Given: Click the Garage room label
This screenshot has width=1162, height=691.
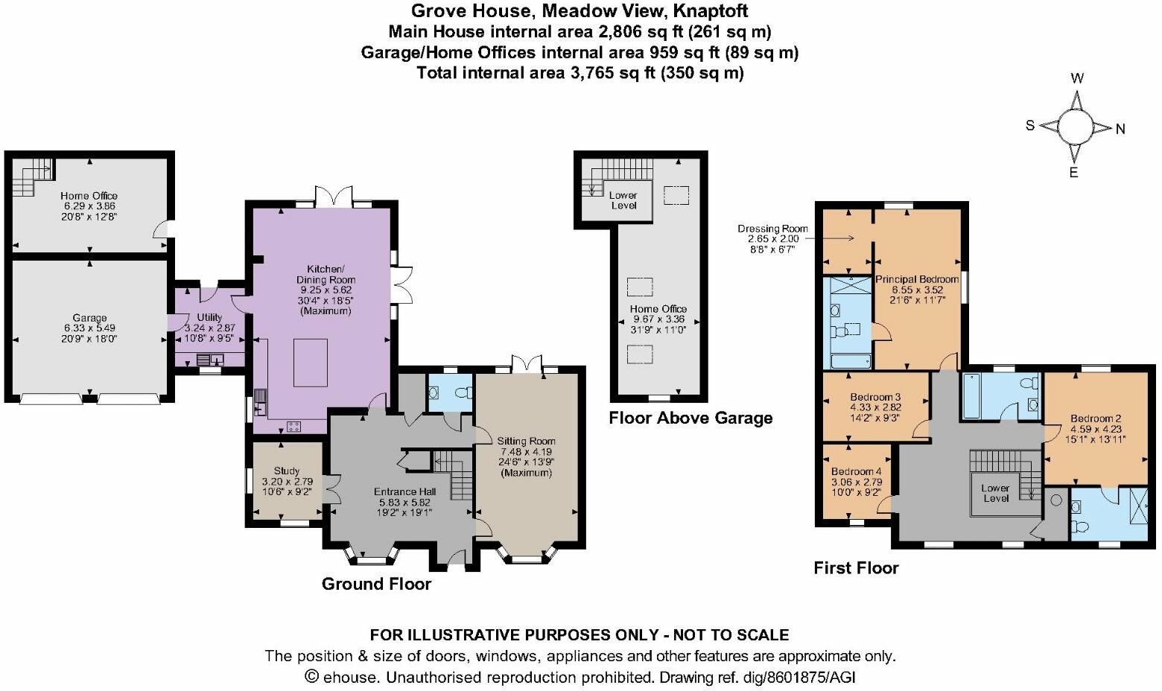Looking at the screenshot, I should click(89, 318).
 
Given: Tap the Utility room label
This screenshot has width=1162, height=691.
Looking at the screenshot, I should click(209, 317).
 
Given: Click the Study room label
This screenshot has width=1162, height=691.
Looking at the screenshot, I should click(287, 471).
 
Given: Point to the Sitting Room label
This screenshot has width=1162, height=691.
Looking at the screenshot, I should click(527, 442).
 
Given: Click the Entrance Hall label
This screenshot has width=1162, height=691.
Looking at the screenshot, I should click(404, 492).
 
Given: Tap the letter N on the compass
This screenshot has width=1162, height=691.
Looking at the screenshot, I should click(1120, 130).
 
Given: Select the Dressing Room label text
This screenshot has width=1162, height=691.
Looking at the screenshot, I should click(772, 229).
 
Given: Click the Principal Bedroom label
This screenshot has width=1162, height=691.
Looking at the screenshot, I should click(916, 279).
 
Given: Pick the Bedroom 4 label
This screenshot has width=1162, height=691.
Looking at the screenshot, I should click(856, 472).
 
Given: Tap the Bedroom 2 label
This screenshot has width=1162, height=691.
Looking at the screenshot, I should click(1096, 419).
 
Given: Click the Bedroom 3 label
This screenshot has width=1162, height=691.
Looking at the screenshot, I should click(875, 397).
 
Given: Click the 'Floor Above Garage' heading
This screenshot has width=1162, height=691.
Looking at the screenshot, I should click(690, 418).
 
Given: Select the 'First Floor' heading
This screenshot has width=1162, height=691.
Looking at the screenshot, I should click(856, 568).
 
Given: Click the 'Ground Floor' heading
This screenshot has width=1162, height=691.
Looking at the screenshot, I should click(376, 584).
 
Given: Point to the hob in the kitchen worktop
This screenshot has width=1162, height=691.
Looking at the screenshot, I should click(293, 426).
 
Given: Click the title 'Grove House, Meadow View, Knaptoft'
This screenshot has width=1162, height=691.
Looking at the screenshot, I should click(580, 11).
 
